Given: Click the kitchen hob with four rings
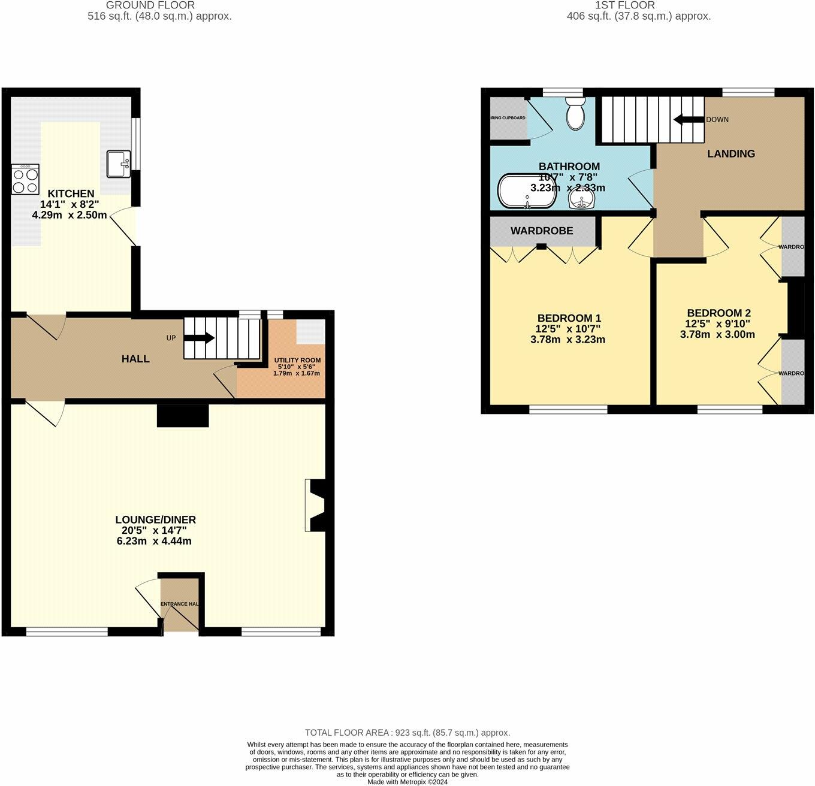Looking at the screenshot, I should (x=25, y=179).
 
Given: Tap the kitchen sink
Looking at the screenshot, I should (x=119, y=164).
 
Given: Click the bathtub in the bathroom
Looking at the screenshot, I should (x=527, y=192).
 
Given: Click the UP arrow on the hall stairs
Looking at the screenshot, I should (x=199, y=338).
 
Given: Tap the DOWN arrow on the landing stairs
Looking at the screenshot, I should (x=689, y=119).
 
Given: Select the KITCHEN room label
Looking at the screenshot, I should (x=71, y=194).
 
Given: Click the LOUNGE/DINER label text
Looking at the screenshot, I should (x=155, y=519).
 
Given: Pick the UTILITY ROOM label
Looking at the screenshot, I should (x=297, y=360).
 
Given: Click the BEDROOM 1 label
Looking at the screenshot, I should (x=569, y=318).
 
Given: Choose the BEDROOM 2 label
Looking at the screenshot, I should (x=719, y=313).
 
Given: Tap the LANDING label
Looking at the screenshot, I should (x=731, y=153).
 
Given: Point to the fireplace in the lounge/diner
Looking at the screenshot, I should (x=316, y=505).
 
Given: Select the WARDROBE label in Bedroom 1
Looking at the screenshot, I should (x=542, y=231).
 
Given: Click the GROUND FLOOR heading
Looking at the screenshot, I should (x=150, y=5).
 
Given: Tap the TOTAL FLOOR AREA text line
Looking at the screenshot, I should (x=407, y=732).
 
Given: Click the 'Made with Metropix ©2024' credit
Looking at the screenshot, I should (x=407, y=782).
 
